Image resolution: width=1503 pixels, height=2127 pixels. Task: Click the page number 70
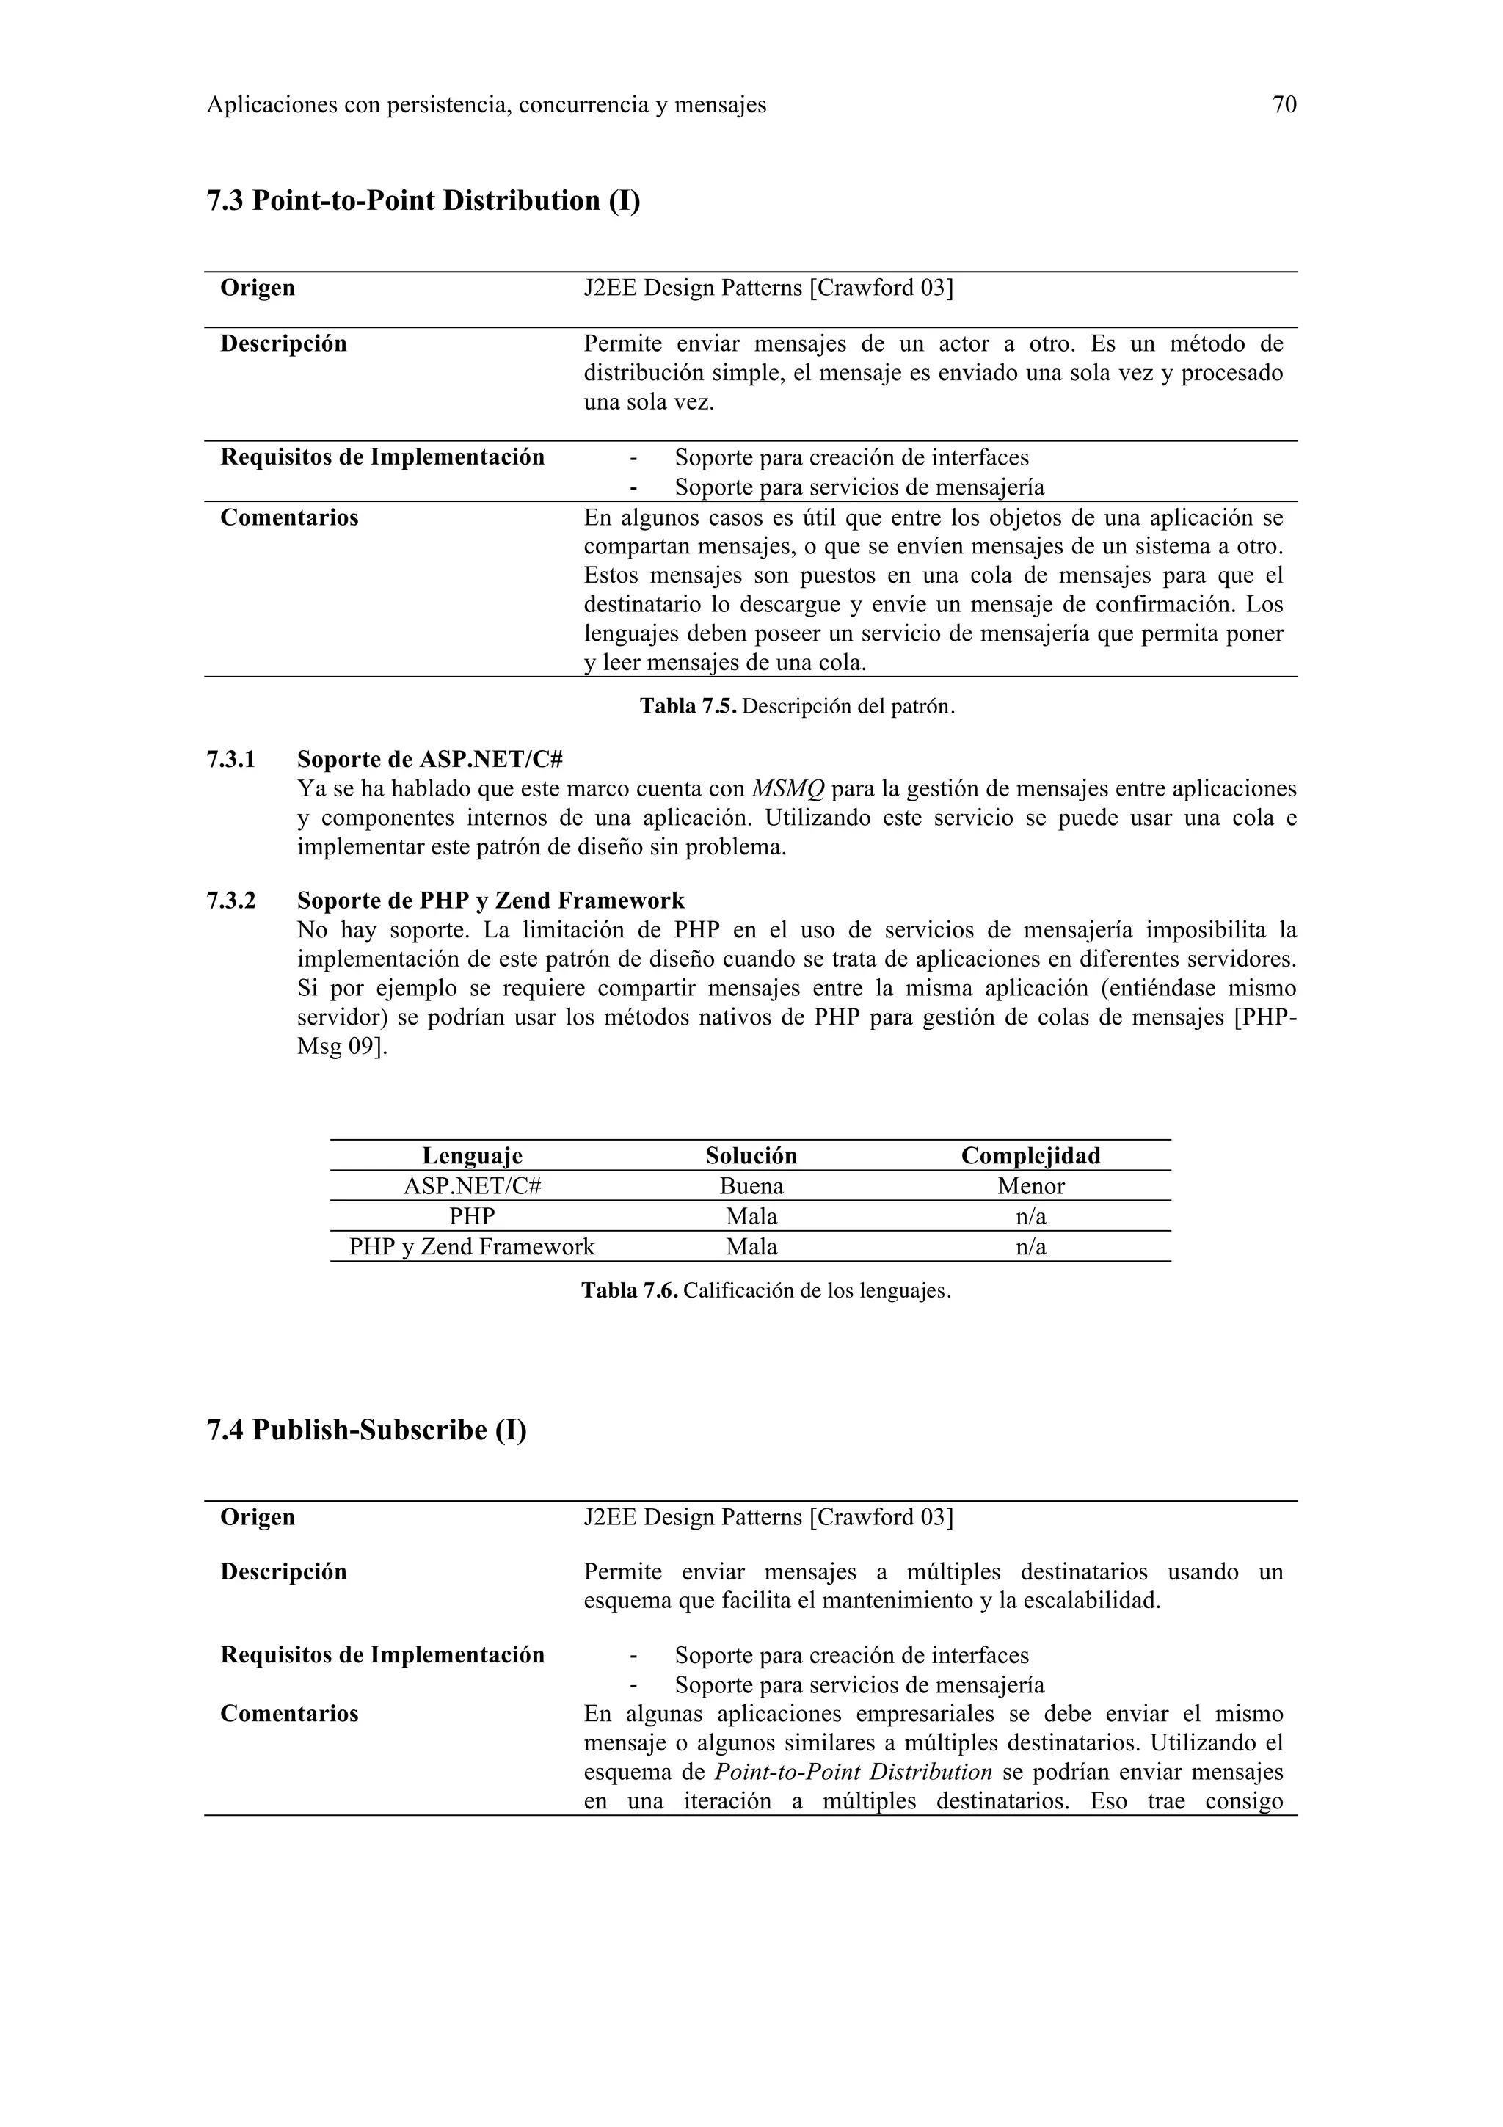click(x=1284, y=105)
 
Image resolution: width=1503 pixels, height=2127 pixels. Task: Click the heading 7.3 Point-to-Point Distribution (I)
click(x=423, y=200)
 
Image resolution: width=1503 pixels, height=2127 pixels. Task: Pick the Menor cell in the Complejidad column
click(x=1030, y=1186)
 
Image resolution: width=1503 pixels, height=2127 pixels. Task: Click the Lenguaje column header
click(x=473, y=1155)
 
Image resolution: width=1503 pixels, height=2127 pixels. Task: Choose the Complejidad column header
click(x=1030, y=1155)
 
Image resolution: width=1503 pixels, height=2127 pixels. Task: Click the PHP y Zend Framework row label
click(x=473, y=1246)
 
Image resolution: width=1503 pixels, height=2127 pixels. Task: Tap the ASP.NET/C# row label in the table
click(x=473, y=1186)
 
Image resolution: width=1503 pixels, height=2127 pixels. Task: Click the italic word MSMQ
click(x=787, y=788)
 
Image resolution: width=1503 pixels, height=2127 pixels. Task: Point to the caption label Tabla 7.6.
click(x=629, y=1290)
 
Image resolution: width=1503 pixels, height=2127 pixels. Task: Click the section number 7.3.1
click(x=230, y=760)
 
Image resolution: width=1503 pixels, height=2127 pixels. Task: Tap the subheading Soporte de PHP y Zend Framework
click(x=491, y=901)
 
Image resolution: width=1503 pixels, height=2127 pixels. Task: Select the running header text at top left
click(x=486, y=105)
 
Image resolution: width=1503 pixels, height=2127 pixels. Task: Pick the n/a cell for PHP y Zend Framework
click(x=1030, y=1246)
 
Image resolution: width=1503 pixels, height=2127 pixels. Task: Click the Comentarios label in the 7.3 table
click(x=289, y=517)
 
